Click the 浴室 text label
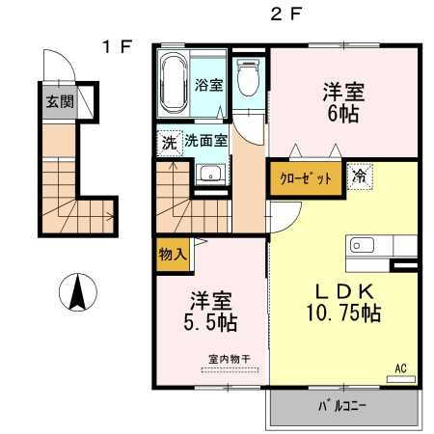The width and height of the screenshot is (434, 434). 209,85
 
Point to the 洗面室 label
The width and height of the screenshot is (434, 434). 206,140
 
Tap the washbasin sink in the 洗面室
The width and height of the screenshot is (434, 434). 209,174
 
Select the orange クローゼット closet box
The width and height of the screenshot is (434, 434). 306,179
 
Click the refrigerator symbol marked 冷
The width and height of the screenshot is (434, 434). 357,178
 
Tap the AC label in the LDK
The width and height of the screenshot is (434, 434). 401,367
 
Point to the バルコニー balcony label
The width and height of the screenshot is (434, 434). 342,406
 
